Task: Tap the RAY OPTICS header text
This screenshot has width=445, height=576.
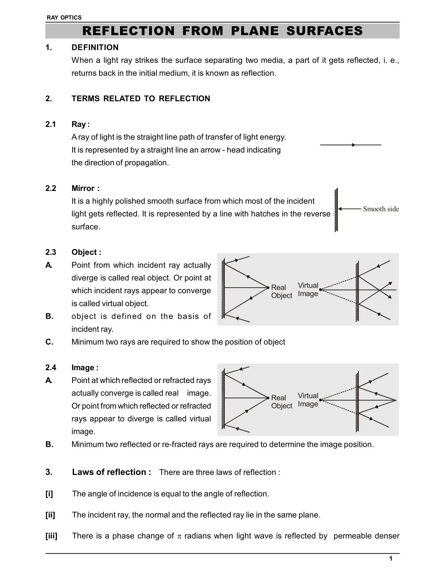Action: pyautogui.click(x=64, y=17)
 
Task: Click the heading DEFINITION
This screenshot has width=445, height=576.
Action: pyautogui.click(x=95, y=47)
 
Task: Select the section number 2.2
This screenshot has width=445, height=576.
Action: pyautogui.click(x=51, y=189)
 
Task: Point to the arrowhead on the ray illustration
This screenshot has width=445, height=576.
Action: pyautogui.click(x=354, y=145)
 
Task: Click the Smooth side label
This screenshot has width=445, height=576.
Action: pyautogui.click(x=381, y=209)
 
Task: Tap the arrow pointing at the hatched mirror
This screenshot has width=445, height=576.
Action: pyautogui.click(x=349, y=209)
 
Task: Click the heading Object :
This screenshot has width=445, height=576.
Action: pyautogui.click(x=86, y=252)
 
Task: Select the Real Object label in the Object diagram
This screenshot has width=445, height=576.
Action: pyautogui.click(x=281, y=291)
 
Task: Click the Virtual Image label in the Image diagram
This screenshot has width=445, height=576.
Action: pyautogui.click(x=308, y=400)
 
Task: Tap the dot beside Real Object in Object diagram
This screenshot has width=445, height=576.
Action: pyautogui.click(x=268, y=288)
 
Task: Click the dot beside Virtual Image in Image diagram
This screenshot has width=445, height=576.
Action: pyautogui.click(x=320, y=400)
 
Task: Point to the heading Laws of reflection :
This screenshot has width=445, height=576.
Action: pyautogui.click(x=111, y=472)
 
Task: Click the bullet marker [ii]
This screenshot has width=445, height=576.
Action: pyautogui.click(x=50, y=515)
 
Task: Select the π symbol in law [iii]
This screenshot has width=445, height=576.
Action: pyautogui.click(x=179, y=536)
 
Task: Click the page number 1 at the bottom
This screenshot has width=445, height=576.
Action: pyautogui.click(x=391, y=559)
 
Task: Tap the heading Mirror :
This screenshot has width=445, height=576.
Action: pyautogui.click(x=86, y=189)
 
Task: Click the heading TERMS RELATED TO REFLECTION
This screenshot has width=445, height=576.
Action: pyautogui.click(x=141, y=99)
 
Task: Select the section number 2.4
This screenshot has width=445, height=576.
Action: pyautogui.click(x=51, y=368)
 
